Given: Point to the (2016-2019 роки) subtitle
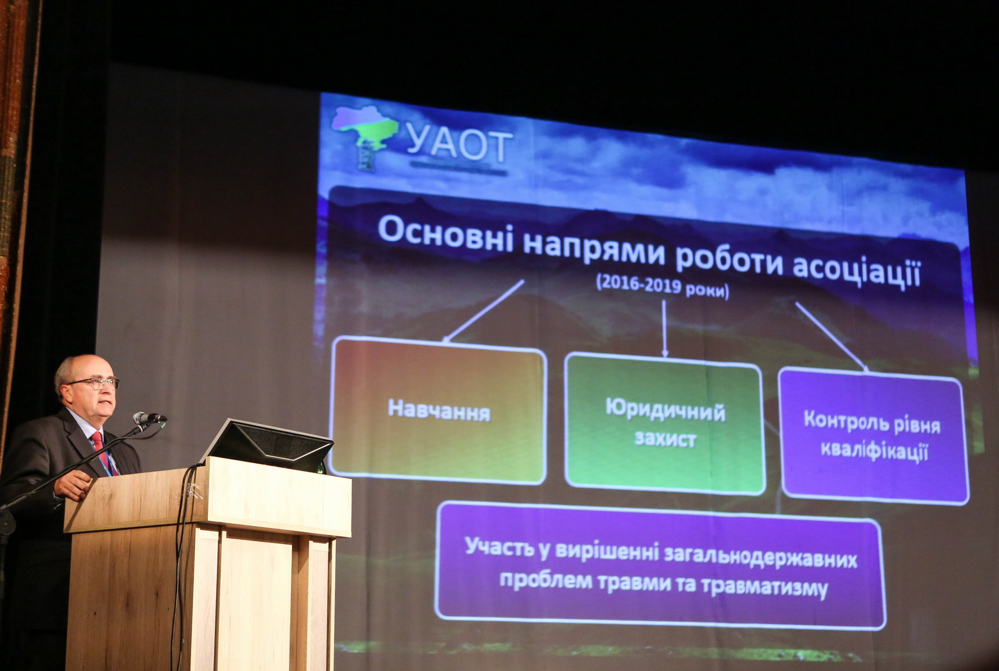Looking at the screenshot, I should pyautogui.click(x=662, y=287).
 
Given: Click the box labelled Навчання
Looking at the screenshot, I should pyautogui.click(x=438, y=410).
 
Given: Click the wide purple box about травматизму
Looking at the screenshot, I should pyautogui.click(x=660, y=567).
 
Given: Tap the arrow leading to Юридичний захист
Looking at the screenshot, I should pyautogui.click(x=664, y=328).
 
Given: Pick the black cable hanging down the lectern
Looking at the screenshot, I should pyautogui.click(x=181, y=562).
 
